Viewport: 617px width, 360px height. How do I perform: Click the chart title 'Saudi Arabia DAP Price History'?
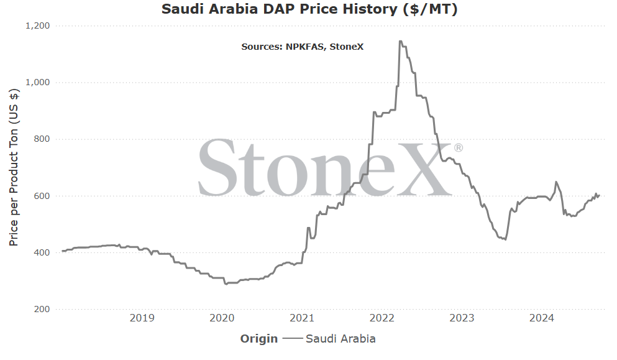(x=280, y=9)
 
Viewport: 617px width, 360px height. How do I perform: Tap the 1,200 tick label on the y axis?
(x=38, y=26)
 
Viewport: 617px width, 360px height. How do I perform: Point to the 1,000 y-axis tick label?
(x=38, y=82)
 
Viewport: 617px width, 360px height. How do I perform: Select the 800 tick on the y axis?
(x=42, y=139)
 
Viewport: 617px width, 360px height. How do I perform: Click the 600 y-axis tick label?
(x=42, y=196)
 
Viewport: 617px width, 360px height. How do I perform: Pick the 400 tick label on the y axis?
(x=42, y=252)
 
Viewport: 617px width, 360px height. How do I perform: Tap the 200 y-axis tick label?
(x=42, y=309)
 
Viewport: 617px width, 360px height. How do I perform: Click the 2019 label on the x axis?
(x=142, y=318)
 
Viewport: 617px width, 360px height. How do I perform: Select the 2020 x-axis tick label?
(x=222, y=318)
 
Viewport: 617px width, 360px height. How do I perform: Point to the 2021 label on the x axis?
(x=302, y=318)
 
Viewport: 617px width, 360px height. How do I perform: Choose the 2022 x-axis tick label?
(x=382, y=318)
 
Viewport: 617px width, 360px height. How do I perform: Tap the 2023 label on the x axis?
(x=462, y=318)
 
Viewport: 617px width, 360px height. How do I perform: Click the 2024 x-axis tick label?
(x=542, y=318)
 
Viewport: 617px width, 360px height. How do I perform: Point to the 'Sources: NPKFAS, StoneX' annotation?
(x=302, y=47)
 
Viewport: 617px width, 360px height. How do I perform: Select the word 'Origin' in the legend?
(x=259, y=339)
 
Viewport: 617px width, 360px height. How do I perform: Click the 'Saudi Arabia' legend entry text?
(x=340, y=339)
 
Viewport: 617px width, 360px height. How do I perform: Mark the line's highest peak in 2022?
(x=400, y=41)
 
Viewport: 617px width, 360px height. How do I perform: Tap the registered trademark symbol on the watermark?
(x=459, y=148)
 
